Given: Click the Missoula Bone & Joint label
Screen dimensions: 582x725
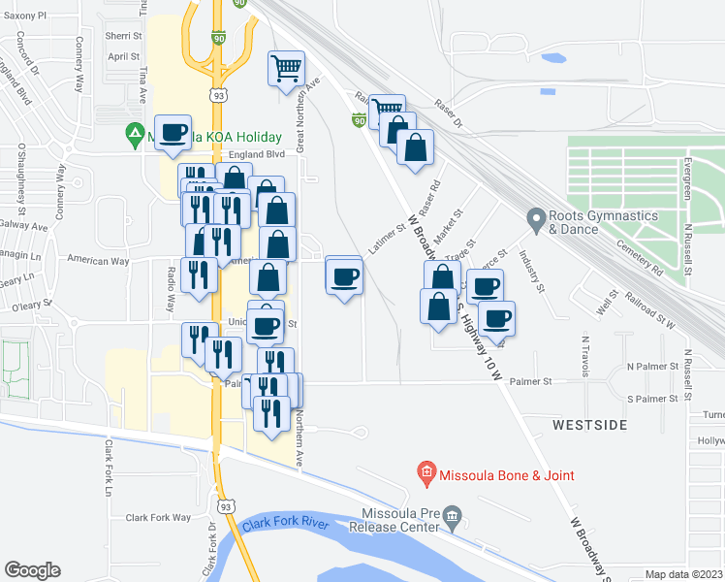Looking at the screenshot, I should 506,475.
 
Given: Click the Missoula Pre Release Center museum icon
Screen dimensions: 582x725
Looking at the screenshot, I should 453,523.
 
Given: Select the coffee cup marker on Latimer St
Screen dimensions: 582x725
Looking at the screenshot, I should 344,277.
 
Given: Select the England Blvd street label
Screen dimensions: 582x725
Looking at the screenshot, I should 257,153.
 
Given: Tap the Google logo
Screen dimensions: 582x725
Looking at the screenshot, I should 32,570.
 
